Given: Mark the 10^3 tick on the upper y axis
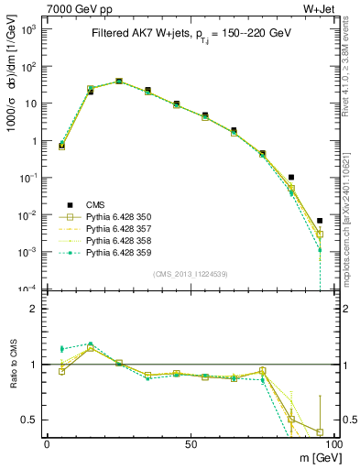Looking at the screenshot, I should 28,29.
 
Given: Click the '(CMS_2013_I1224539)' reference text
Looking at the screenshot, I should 190,273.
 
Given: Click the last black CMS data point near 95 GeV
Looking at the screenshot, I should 320,221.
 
